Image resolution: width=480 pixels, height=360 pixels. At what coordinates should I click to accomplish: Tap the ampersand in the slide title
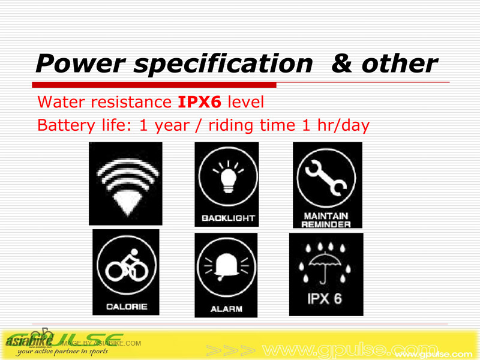[x=342, y=64]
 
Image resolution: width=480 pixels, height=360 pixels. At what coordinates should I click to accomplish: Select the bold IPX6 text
[x=200, y=102]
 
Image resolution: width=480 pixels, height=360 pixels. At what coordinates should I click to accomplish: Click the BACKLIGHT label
[x=227, y=218]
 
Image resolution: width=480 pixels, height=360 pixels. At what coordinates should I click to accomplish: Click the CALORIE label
[x=127, y=307]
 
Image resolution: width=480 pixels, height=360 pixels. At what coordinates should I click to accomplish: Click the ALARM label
[x=226, y=309]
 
